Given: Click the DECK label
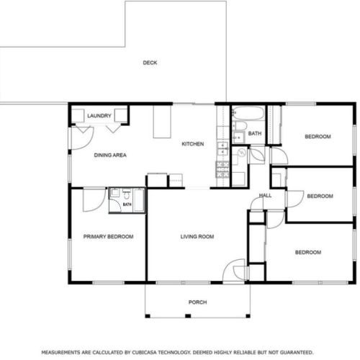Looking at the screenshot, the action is coord(150,63).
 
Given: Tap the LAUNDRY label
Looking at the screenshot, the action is coord(99,116).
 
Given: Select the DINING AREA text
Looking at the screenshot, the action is coord(110,155).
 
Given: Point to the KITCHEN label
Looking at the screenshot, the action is coord(193,144).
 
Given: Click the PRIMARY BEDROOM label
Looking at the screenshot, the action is coord(108,236).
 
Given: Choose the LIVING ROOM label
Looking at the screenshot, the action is coord(197,236).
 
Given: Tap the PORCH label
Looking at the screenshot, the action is coord(197,302).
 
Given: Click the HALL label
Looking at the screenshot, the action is coord(265,195).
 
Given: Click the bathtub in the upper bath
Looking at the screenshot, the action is coord(248,113).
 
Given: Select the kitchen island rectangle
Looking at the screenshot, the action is coord(162,122).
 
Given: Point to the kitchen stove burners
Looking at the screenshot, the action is coord(223,170).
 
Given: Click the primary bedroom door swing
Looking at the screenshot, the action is coord(94,200).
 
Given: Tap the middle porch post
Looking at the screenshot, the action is coord(188,316).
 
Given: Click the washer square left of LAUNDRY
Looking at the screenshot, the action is coord(78,116).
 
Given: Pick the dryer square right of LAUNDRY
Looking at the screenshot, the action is coord(121,115).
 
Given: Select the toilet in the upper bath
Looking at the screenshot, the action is coord(240,125).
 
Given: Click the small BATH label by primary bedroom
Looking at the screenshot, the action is coord(127,204).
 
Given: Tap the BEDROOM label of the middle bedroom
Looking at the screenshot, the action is coord(320,196).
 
